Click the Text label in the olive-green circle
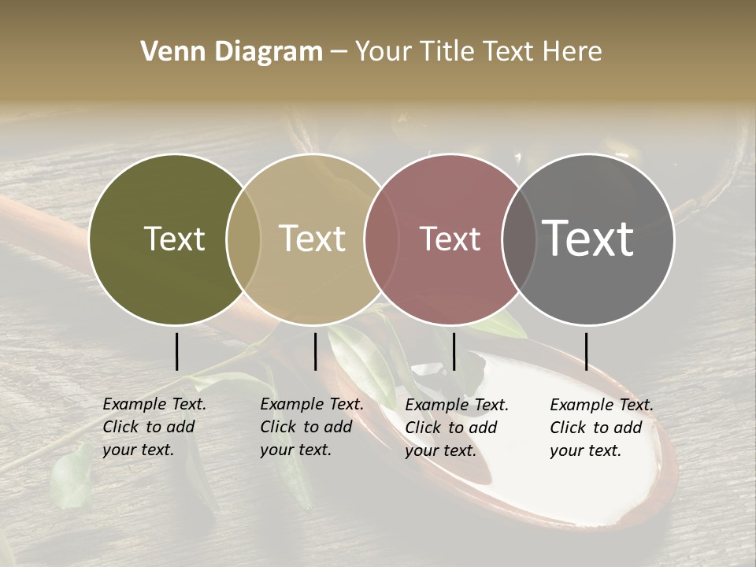[x=174, y=239]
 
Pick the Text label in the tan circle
[x=313, y=239]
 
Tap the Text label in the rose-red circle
[x=450, y=239]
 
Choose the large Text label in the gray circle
[x=588, y=239]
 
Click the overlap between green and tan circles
[x=243, y=239]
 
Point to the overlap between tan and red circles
[x=380, y=239]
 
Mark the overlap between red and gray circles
[x=519, y=239]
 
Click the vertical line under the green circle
[x=177, y=351]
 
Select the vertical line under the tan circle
[x=315, y=351]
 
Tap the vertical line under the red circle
[x=454, y=351]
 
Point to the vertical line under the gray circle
[x=586, y=351]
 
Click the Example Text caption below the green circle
[x=154, y=427]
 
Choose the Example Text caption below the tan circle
[x=311, y=427]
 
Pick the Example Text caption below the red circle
[x=456, y=428]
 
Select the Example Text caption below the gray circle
[x=601, y=428]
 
